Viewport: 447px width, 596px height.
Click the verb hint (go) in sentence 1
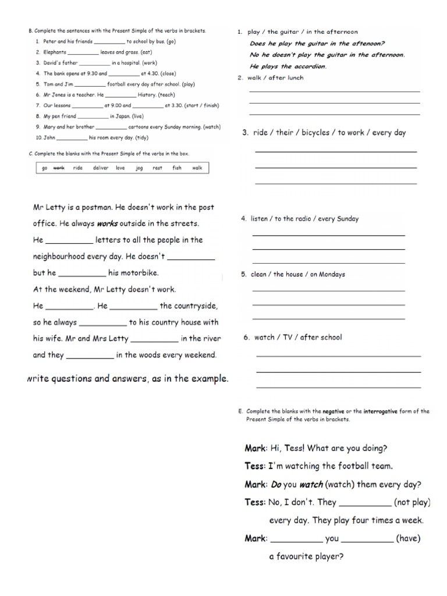click(x=171, y=42)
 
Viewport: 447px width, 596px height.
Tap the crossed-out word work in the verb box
click(x=59, y=168)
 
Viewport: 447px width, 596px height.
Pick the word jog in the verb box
click(x=139, y=168)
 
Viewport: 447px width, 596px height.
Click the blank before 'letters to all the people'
click(x=69, y=240)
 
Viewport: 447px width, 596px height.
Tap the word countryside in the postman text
click(x=189, y=306)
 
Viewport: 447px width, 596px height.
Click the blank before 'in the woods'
click(x=90, y=355)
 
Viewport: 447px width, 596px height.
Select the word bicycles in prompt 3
click(x=315, y=133)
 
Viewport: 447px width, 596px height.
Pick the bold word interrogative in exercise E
click(x=379, y=411)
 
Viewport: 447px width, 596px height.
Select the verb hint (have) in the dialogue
click(x=408, y=538)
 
